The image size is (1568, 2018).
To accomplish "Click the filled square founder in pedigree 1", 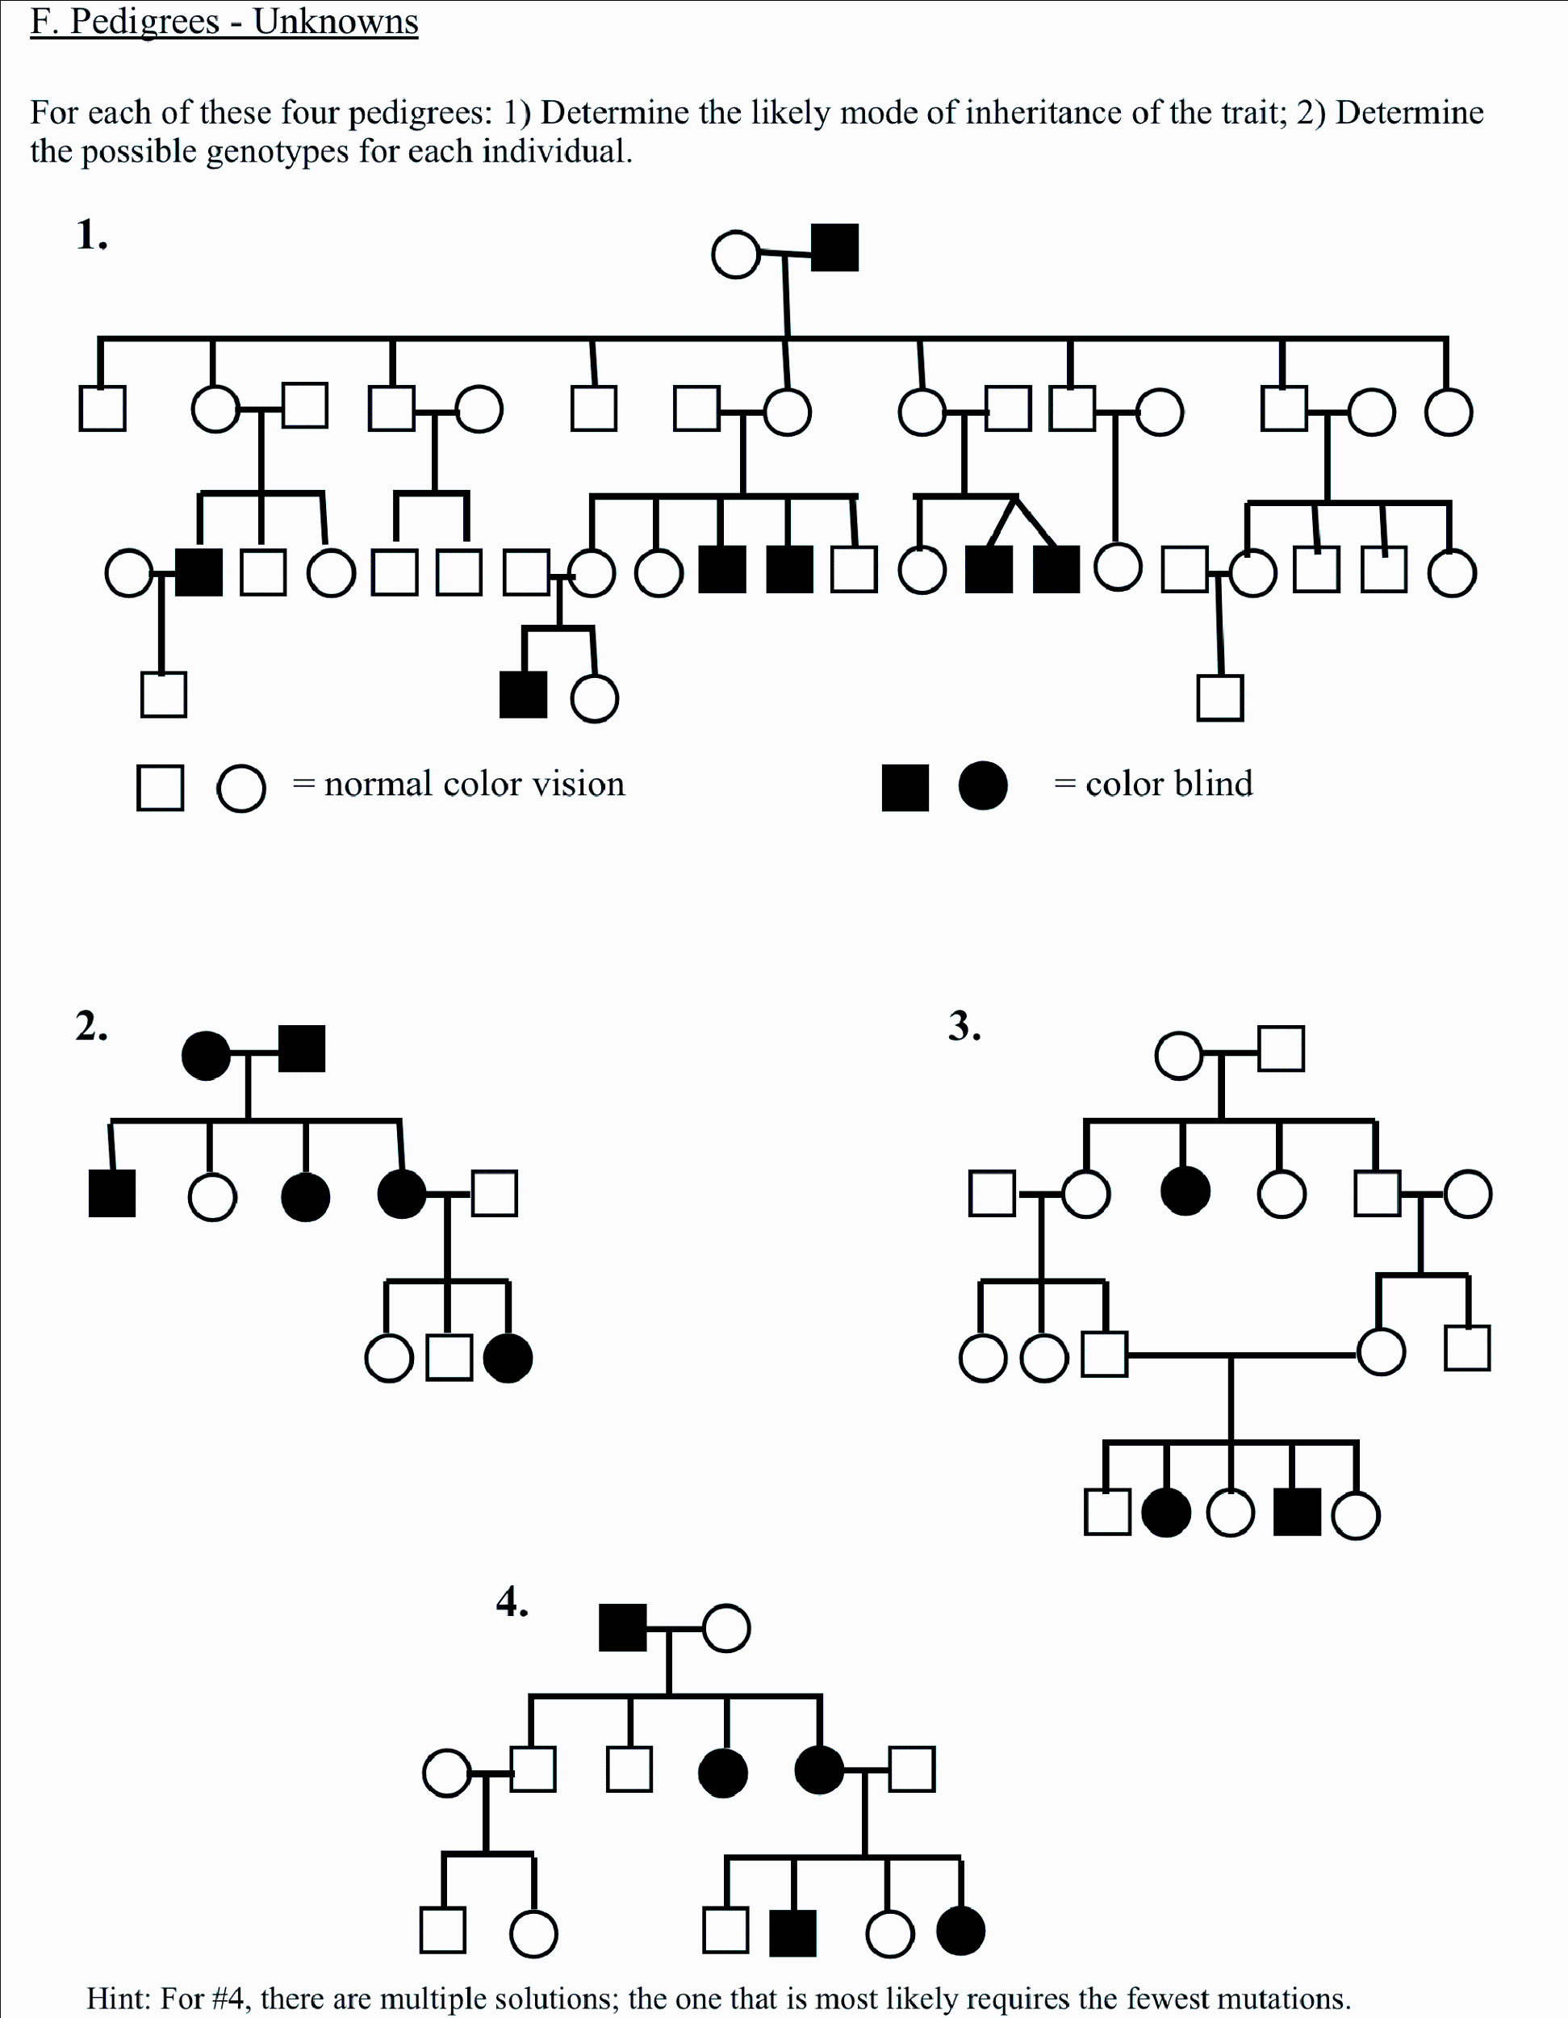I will pos(834,248).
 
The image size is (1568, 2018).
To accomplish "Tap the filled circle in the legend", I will pos(982,786).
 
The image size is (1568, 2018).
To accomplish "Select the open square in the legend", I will pos(160,788).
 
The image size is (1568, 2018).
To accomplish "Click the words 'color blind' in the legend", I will pos(1169,784).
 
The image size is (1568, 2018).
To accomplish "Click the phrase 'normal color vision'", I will pos(474,784).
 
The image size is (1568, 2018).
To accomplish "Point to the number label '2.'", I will pos(91,1027).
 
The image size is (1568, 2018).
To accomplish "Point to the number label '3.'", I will pos(964,1027).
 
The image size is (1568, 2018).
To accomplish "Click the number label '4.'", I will pos(512,1601).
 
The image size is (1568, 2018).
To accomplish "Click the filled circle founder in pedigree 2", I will pos(206,1054).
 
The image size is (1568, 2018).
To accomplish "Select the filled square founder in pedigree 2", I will pos(301,1049).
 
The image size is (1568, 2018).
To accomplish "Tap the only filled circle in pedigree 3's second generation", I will pos(1185,1191).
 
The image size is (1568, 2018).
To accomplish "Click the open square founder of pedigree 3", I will pos(1281,1049).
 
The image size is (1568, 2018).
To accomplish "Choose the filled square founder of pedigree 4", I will pos(623,1627).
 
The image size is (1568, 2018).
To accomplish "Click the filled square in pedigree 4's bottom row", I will pos(792,1933).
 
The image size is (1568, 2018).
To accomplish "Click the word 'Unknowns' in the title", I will pos(336,21).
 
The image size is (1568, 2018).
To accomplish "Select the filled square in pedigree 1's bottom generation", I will pos(522,696).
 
